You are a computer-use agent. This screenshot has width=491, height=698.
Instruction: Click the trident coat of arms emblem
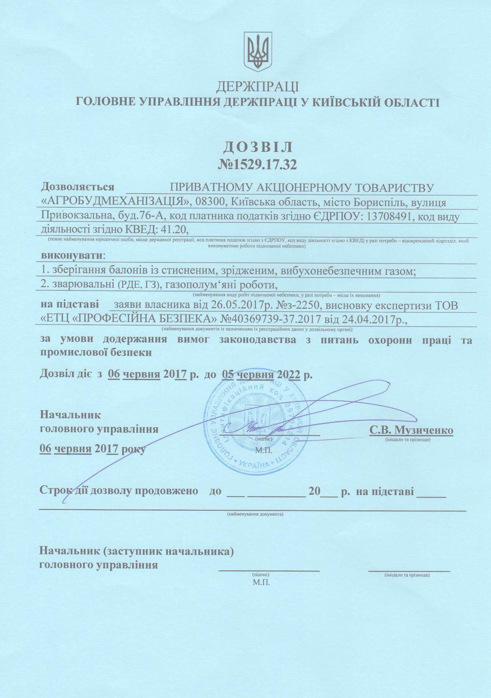[258, 52]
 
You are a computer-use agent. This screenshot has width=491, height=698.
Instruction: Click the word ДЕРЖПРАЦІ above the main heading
[257, 86]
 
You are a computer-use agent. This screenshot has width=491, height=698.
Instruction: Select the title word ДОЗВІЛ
[258, 147]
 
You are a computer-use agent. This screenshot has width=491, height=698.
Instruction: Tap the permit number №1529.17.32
[258, 165]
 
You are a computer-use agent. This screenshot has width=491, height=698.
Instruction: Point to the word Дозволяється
[78, 187]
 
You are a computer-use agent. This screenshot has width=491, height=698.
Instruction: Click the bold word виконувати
[72, 255]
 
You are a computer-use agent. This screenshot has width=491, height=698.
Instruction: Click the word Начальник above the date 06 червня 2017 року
[70, 415]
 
